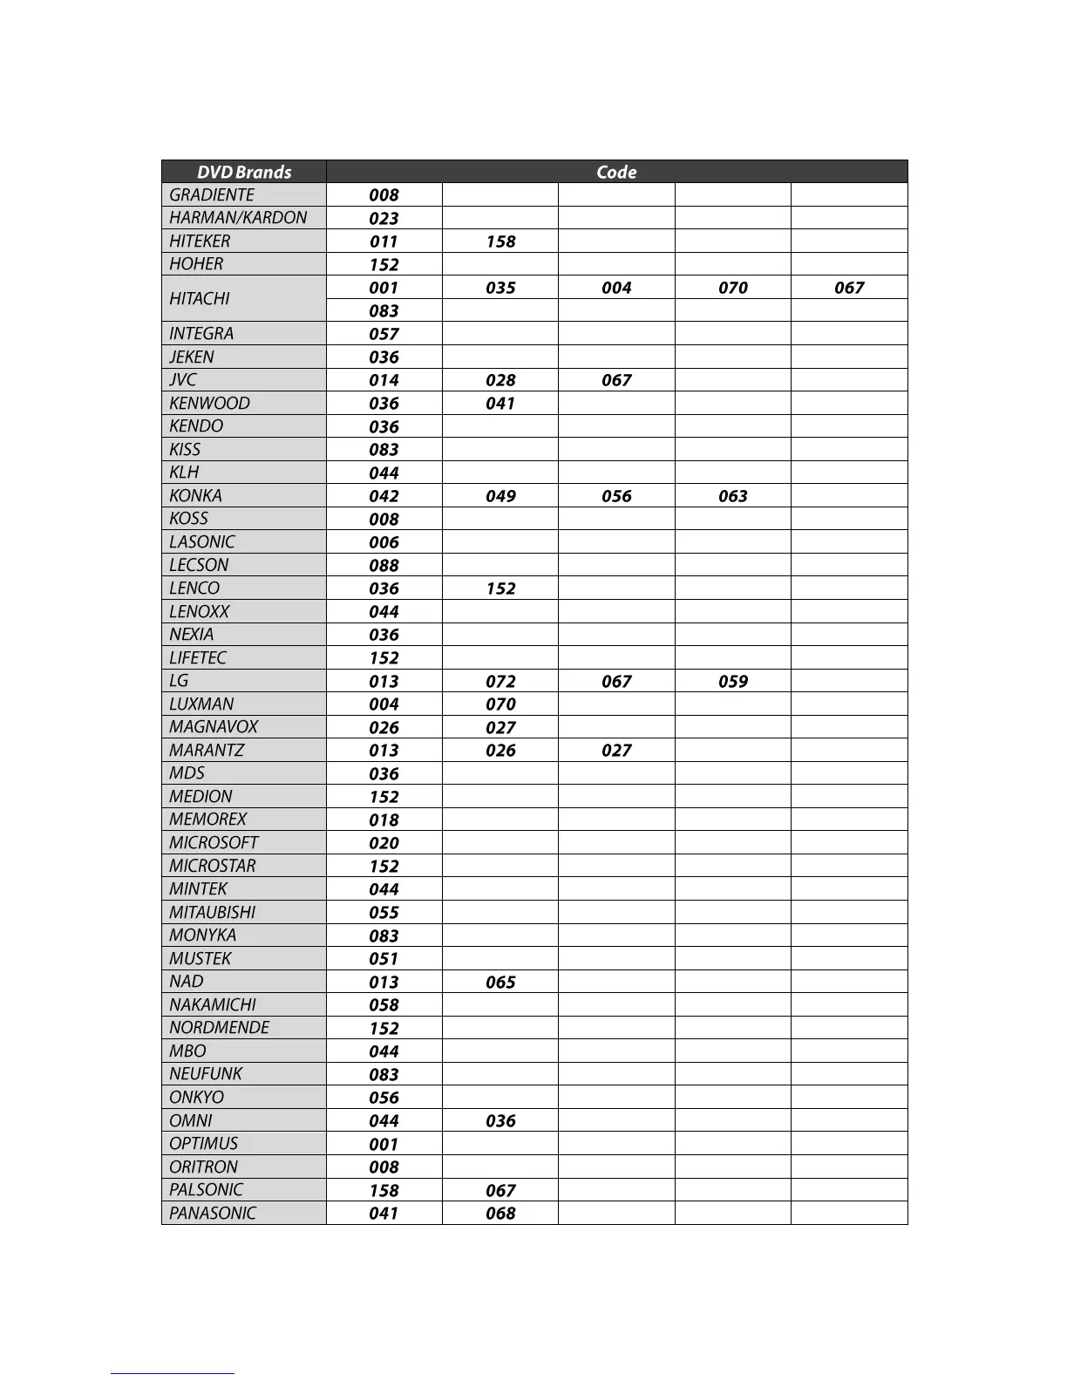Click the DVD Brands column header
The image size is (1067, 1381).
pos(244,172)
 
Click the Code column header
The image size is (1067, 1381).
pos(616,172)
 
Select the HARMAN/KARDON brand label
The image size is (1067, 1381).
pos(238,218)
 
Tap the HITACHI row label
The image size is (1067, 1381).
pos(200,299)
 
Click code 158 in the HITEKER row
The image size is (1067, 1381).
pos(500,242)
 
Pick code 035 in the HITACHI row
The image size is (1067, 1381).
pos(500,288)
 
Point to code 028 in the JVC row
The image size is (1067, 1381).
pos(500,380)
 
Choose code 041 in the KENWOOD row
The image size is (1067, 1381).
pos(500,404)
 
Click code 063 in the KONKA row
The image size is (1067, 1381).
pos(733,496)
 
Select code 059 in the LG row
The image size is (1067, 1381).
pos(733,681)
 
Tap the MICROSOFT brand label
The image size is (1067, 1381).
pos(214,843)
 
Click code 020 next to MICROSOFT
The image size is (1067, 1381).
pos(384,843)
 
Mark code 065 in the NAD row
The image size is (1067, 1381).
pos(500,982)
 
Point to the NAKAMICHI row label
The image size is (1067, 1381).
pos(213,1005)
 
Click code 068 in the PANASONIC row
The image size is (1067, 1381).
pos(500,1214)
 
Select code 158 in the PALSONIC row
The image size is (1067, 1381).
pos(384,1190)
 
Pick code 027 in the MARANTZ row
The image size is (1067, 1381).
pos(616,751)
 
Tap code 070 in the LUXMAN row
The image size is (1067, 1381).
pos(500,704)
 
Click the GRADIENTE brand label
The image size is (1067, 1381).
pos(212,195)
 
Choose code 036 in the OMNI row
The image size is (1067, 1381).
pos(500,1121)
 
